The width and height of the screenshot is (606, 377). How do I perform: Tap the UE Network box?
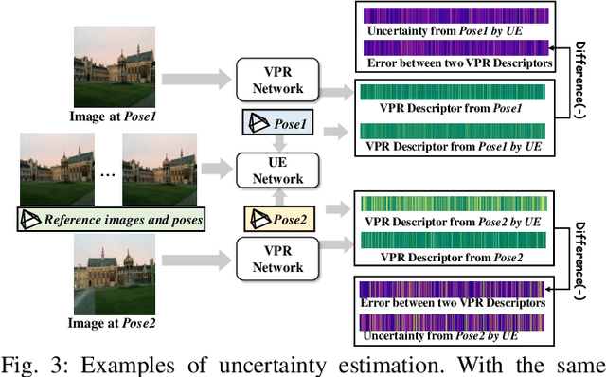276,171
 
